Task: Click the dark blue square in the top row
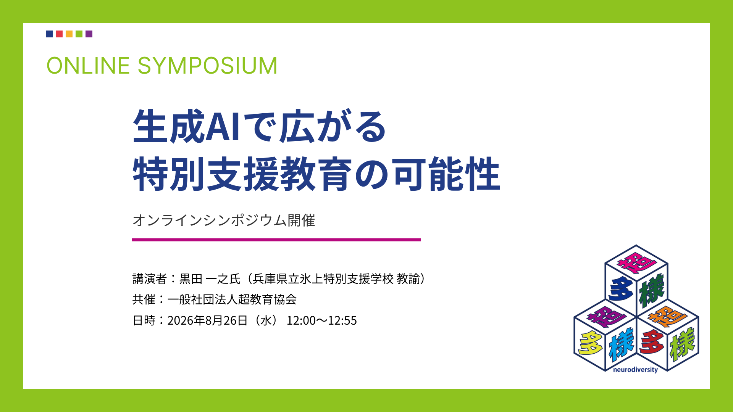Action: pos(49,34)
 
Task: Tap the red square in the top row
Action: pos(59,34)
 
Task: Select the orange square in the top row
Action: pos(69,34)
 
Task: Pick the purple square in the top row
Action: pos(89,34)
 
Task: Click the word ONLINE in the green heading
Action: pos(88,65)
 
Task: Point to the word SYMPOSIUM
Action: pos(207,65)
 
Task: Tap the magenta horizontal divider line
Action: pos(276,240)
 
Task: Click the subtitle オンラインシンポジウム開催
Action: pos(224,220)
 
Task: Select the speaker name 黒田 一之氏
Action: pos(210,279)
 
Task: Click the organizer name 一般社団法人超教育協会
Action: pos(232,299)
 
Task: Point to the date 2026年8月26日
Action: pos(208,320)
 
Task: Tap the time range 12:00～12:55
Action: pos(322,320)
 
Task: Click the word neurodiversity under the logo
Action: pos(635,370)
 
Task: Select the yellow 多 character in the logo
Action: pos(590,343)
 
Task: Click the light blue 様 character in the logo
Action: pos(621,344)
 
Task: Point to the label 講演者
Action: pos(150,279)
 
